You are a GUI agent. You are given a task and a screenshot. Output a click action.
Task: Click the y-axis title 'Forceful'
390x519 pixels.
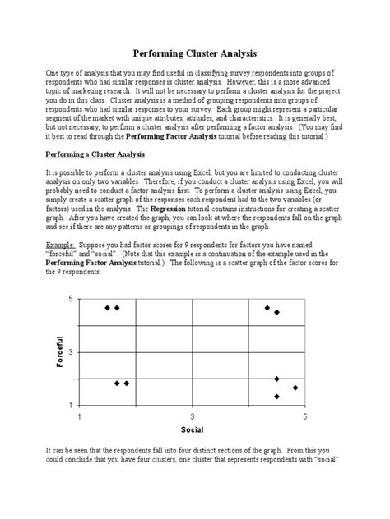point(60,352)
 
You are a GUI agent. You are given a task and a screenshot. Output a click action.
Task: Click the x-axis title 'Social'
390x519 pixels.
point(192,429)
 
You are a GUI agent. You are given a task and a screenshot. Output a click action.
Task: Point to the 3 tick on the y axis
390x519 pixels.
point(71,352)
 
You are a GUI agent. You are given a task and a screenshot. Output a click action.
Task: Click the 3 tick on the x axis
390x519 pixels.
point(193,416)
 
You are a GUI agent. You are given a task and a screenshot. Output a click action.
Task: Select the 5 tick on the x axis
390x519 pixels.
point(304,416)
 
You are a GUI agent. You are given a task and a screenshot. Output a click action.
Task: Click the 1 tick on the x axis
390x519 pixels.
point(80,416)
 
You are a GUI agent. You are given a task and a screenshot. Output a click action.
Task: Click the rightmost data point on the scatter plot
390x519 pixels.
point(295,388)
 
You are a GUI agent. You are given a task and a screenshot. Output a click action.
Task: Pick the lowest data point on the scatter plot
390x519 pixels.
point(276,397)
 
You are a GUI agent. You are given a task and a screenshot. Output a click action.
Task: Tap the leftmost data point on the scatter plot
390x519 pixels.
point(108,308)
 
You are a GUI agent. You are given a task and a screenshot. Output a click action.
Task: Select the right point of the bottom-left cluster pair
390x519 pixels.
point(127,384)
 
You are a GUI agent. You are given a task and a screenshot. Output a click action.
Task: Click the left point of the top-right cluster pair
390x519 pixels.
point(267,308)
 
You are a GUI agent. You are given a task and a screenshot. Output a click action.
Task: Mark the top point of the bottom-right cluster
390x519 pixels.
point(276,379)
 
